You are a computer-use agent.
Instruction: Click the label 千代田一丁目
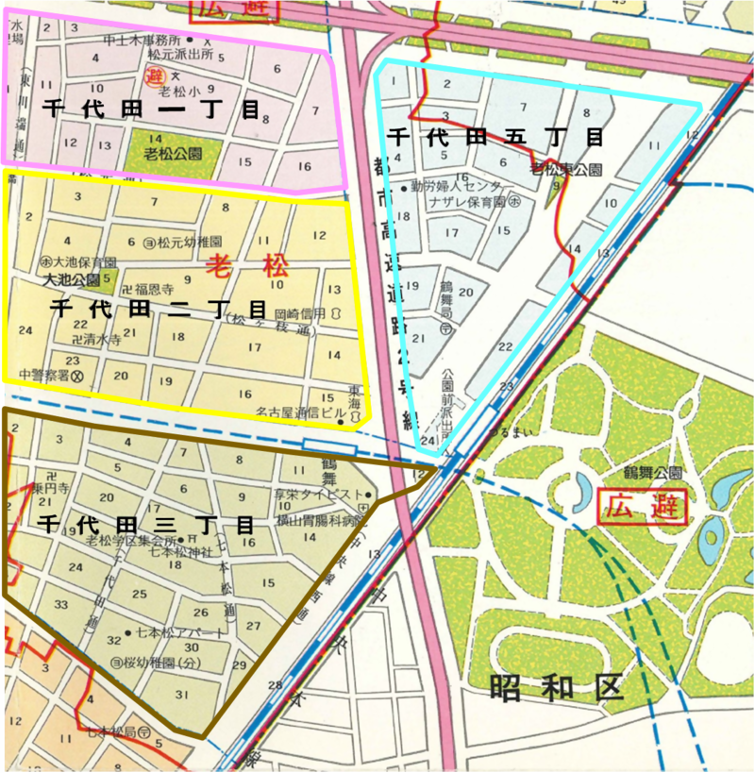(151, 109)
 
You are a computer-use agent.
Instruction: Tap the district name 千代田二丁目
(158, 309)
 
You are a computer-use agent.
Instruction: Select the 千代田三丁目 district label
(146, 526)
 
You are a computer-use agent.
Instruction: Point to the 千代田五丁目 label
(495, 137)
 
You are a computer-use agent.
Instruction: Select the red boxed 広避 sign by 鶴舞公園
(642, 506)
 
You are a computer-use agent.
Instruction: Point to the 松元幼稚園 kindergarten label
(189, 243)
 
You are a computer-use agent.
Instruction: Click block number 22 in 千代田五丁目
(506, 346)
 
